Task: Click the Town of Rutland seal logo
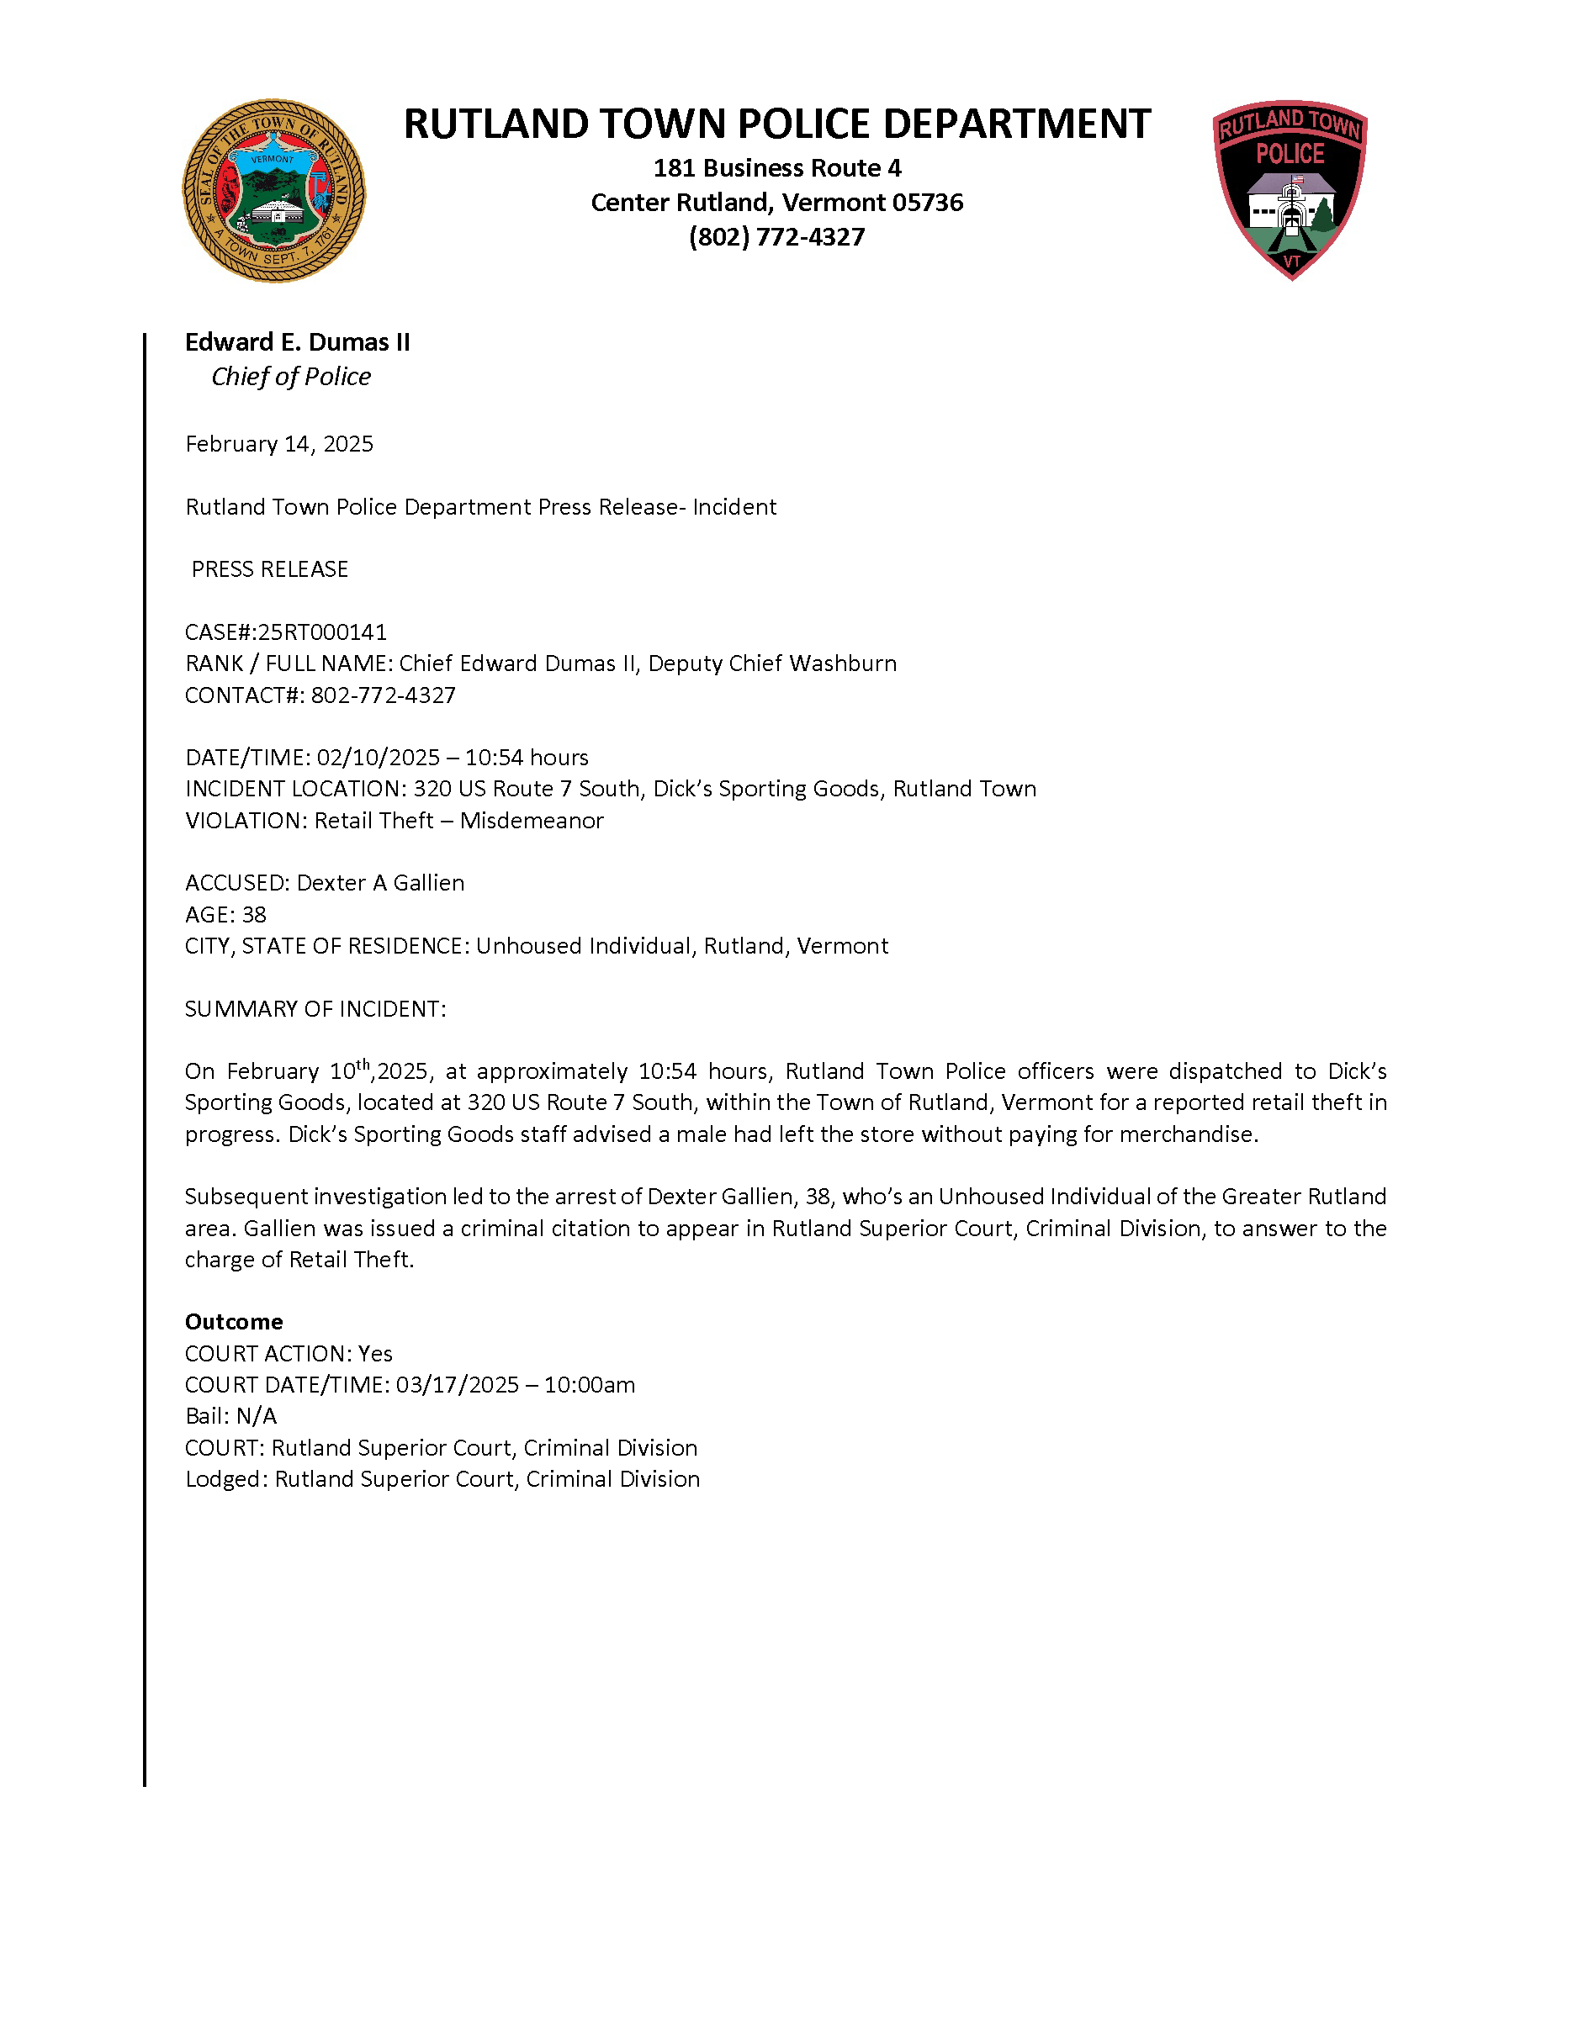pos(274,191)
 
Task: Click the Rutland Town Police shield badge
pos(1290,189)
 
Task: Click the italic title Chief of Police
pos(291,377)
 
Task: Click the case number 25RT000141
pos(321,632)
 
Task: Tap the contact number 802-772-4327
pos(383,695)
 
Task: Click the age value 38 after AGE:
pos(253,915)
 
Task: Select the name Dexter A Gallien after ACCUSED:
pos(380,883)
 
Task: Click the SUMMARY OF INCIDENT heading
pos(315,1009)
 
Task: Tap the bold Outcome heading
pos(234,1322)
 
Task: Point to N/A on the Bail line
pos(257,1416)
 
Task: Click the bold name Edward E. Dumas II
pos(297,342)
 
